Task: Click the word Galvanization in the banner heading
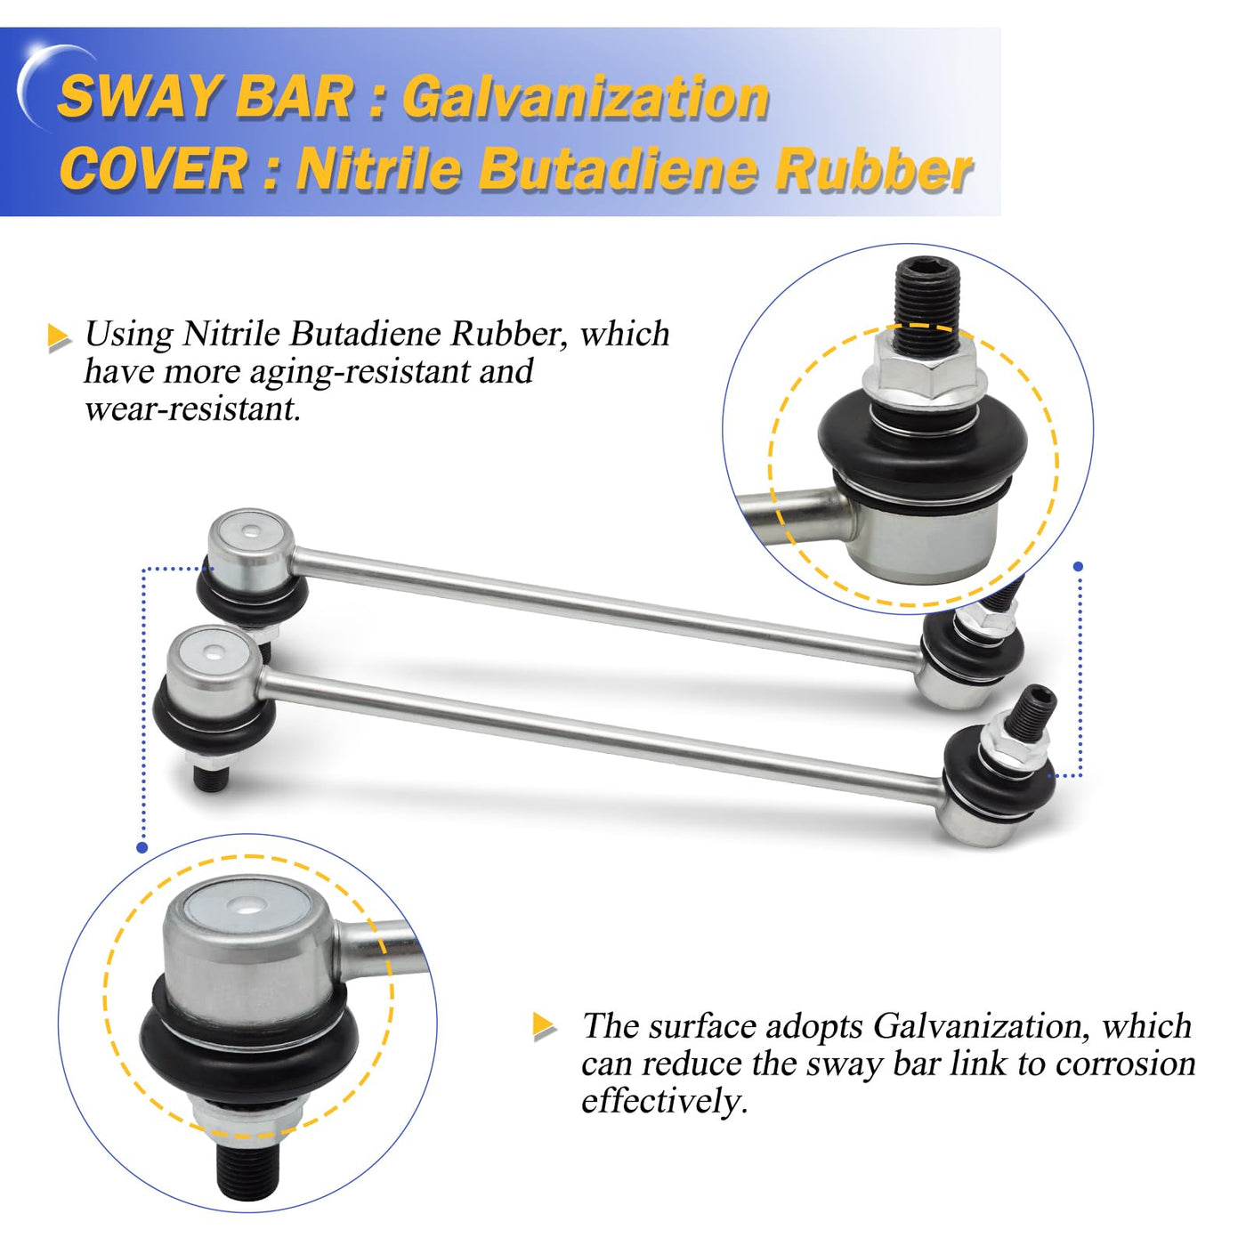click(x=586, y=98)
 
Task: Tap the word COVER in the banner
click(x=152, y=169)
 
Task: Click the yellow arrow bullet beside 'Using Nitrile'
click(x=59, y=337)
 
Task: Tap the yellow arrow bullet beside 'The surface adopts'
click(x=544, y=1025)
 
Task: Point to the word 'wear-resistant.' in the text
click(x=193, y=409)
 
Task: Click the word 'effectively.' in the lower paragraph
click(x=664, y=1100)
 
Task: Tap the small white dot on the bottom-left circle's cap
click(x=247, y=907)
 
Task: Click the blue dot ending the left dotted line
click(x=142, y=847)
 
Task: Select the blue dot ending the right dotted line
click(x=1078, y=566)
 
